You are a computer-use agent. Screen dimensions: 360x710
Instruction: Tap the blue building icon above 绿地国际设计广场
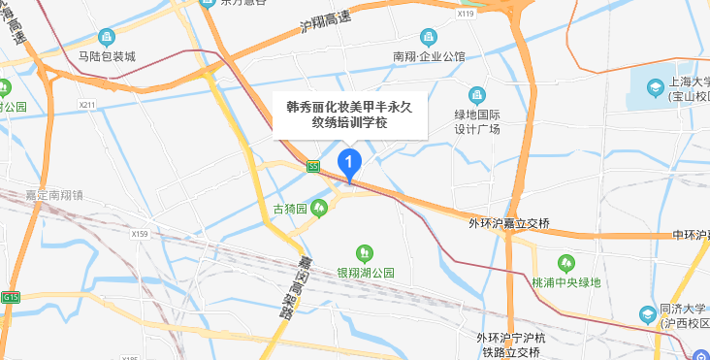pos(476,94)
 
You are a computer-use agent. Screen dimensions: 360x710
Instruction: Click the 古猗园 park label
pos(289,209)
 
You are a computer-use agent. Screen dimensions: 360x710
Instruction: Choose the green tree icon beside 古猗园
pos(318,209)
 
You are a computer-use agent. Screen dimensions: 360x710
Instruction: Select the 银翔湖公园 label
pos(366,274)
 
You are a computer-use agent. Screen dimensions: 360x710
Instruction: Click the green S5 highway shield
pos(312,166)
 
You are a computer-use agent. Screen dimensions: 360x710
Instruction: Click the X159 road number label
pos(141,234)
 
